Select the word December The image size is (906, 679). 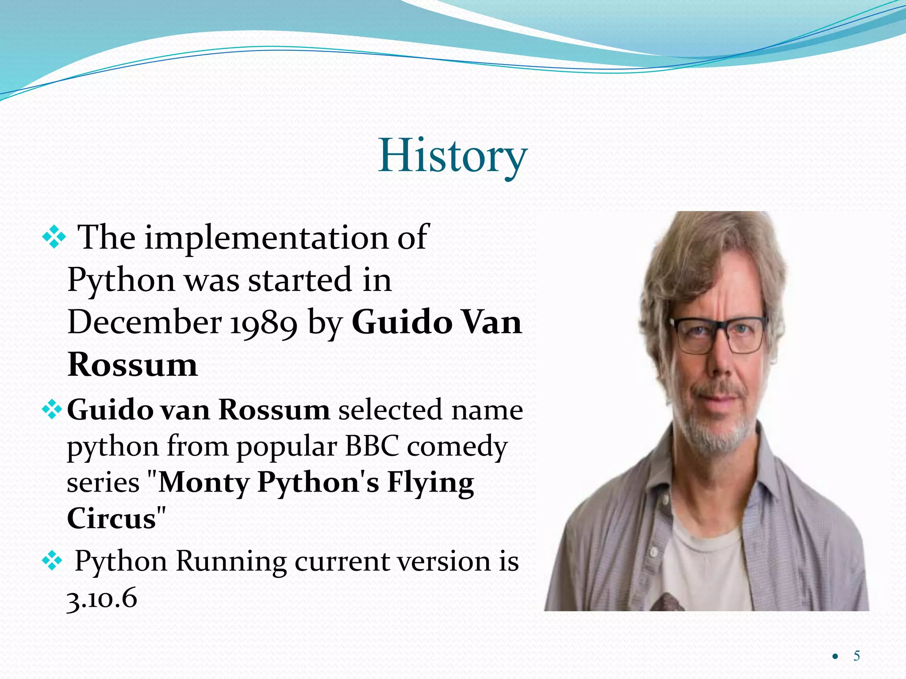click(x=144, y=323)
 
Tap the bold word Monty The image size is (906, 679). click(x=204, y=483)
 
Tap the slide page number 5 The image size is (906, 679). click(x=856, y=656)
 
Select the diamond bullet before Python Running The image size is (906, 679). click(x=52, y=561)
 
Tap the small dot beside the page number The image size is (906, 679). click(x=835, y=657)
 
